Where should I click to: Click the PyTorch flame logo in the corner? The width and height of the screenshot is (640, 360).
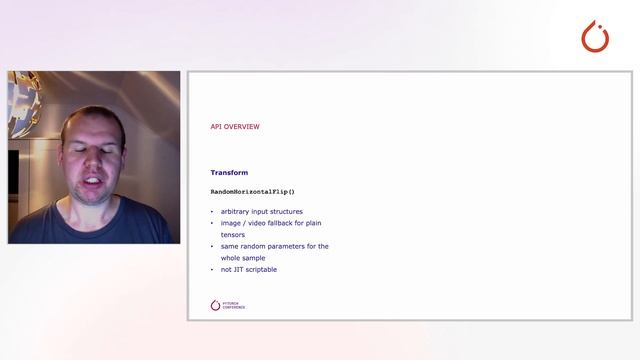pos(595,37)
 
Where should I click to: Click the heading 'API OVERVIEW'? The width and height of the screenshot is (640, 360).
pos(235,127)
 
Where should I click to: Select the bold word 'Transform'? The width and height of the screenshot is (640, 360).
pos(229,173)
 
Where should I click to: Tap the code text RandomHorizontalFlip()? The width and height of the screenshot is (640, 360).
pos(252,191)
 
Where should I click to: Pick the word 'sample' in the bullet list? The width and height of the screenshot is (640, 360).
pos(253,258)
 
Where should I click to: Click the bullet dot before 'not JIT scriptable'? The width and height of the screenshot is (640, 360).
pos(212,270)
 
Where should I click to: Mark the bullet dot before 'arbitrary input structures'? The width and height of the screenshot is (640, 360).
pos(212,212)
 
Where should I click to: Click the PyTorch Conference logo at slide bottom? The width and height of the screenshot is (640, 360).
pos(228,305)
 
